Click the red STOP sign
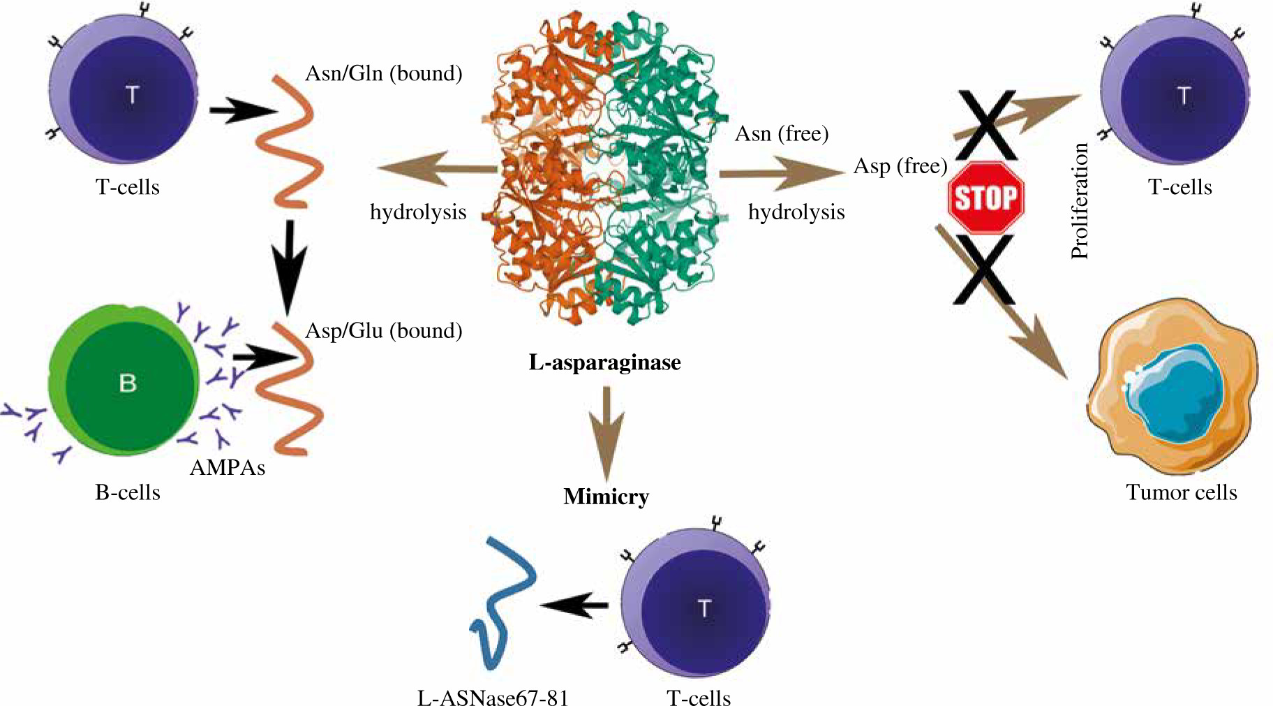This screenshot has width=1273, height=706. [985, 198]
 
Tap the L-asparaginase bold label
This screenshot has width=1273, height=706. [604, 362]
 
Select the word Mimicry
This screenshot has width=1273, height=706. [606, 497]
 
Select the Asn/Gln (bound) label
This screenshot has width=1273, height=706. [384, 73]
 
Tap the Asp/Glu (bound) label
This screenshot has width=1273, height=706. [384, 330]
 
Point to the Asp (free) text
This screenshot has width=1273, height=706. [900, 166]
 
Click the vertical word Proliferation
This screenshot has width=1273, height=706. [1080, 201]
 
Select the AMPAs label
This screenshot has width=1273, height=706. [228, 467]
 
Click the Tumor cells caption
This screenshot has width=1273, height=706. [1181, 492]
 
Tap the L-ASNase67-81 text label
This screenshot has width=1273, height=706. [493, 698]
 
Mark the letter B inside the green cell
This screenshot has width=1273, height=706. [128, 383]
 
